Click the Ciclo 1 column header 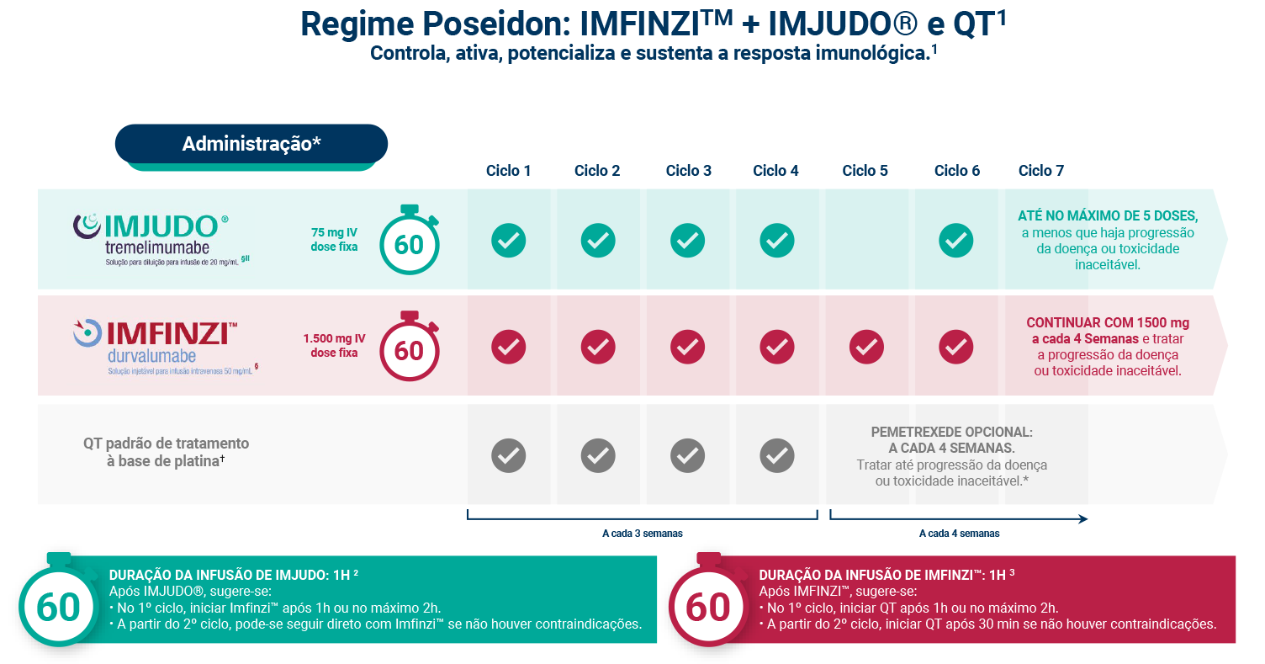click(508, 171)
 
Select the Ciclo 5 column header click(865, 171)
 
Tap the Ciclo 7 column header click(1040, 171)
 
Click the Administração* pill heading click(251, 144)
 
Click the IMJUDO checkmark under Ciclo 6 click(955, 241)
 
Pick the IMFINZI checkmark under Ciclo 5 click(866, 347)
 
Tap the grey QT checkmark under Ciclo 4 click(776, 456)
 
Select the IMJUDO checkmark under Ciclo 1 click(508, 241)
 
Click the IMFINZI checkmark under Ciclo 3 click(687, 347)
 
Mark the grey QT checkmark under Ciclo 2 click(597, 456)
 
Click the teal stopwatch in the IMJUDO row click(410, 242)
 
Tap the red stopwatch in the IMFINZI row click(410, 348)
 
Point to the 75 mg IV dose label click(334, 240)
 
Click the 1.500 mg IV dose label click(334, 346)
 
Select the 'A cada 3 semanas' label click(642, 534)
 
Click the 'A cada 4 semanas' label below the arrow click(959, 534)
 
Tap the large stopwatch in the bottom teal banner click(58, 604)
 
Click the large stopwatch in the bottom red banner click(707, 604)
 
